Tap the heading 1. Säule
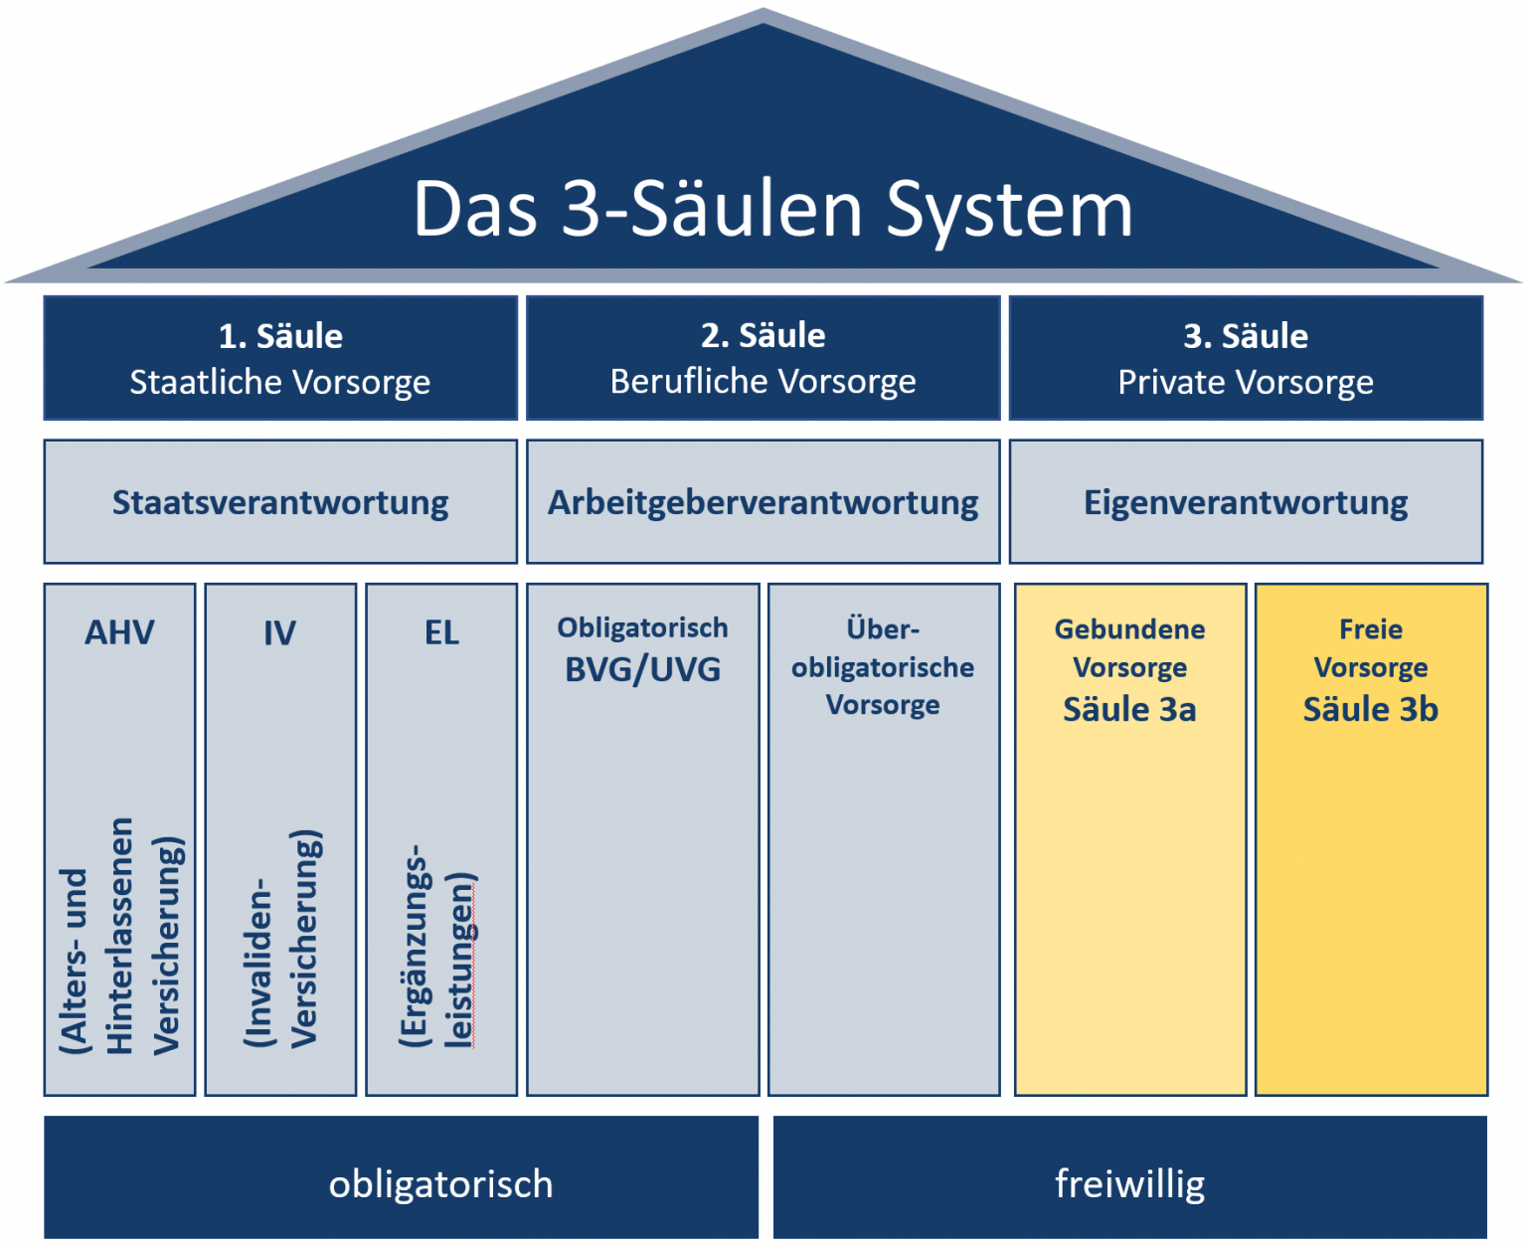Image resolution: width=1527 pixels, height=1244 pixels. click(x=280, y=336)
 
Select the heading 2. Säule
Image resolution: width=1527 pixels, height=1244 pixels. click(x=763, y=336)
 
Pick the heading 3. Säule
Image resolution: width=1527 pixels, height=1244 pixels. click(x=1245, y=336)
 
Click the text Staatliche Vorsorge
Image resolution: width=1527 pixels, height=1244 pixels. click(x=280, y=382)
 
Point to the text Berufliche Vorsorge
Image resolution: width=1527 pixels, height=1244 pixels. click(x=763, y=382)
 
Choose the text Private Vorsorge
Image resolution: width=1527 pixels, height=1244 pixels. click(x=1245, y=382)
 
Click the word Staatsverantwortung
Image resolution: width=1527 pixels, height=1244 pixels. click(x=280, y=502)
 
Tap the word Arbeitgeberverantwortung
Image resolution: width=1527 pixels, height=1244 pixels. click(x=763, y=502)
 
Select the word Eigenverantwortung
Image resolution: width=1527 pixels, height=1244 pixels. click(x=1245, y=502)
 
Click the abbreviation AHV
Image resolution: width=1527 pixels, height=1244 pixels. click(x=119, y=632)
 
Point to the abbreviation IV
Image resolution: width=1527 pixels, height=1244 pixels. click(x=279, y=632)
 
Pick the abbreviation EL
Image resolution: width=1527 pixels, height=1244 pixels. click(x=441, y=632)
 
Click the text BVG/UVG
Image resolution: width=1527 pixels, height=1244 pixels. click(x=642, y=669)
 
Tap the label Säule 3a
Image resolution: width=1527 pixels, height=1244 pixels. click(x=1129, y=709)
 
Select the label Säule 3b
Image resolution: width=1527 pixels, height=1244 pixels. click(x=1370, y=709)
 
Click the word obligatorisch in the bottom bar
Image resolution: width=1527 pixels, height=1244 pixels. click(x=440, y=1184)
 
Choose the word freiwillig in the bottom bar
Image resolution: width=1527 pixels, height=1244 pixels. click(x=1129, y=1184)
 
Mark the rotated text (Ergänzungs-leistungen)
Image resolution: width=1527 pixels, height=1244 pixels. click(x=437, y=945)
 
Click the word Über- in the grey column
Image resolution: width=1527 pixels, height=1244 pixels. click(x=883, y=629)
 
